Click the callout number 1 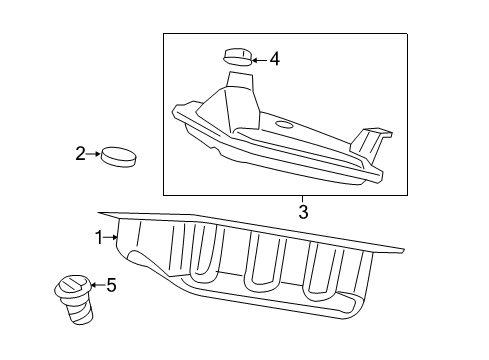[x=99, y=238]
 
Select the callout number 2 [x=80, y=154]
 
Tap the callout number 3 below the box [x=303, y=212]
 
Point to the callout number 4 [x=275, y=59]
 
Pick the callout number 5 [x=111, y=285]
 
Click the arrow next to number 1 [x=110, y=237]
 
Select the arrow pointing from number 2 [x=93, y=154]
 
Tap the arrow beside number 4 [x=260, y=60]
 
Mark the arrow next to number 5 [x=98, y=285]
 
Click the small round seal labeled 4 [x=237, y=57]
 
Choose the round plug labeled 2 [x=119, y=156]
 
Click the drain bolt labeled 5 [x=74, y=299]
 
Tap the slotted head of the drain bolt [x=74, y=286]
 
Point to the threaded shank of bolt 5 [x=80, y=311]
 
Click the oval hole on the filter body [x=284, y=125]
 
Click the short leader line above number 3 [x=303, y=199]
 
